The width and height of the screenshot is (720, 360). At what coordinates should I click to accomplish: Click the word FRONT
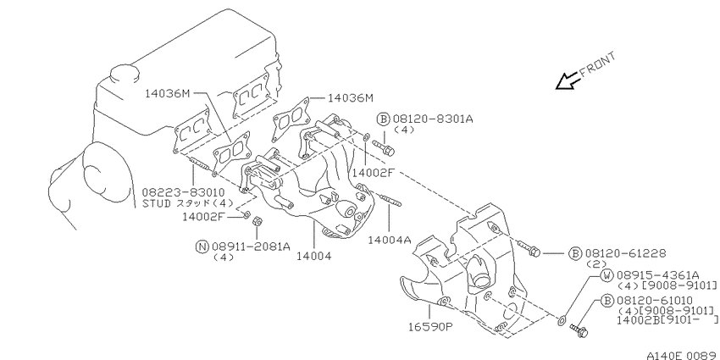(x=597, y=64)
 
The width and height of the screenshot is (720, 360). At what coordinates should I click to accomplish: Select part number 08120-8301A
(x=433, y=119)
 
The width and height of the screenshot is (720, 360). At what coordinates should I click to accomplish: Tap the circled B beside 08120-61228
(x=575, y=253)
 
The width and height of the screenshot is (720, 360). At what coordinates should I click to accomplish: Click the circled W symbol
(x=607, y=275)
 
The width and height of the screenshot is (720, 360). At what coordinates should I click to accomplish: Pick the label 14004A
(x=390, y=240)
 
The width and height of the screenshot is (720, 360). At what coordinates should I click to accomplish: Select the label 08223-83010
(x=183, y=192)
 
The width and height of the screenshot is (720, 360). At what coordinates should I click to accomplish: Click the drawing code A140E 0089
(x=684, y=356)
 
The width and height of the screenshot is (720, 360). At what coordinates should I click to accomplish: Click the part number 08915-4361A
(x=657, y=275)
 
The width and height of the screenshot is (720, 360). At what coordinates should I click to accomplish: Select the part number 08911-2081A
(x=252, y=246)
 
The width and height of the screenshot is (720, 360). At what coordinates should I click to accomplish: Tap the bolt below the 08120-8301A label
(x=384, y=147)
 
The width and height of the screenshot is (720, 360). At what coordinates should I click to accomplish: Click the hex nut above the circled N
(x=258, y=221)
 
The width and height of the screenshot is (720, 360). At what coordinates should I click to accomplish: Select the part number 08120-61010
(x=657, y=301)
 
